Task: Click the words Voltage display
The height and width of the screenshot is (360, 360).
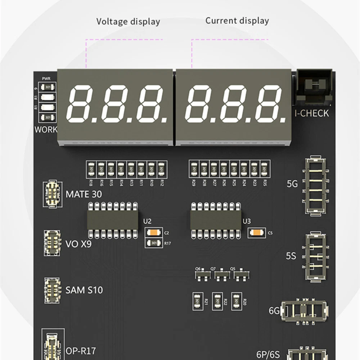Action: [128, 22]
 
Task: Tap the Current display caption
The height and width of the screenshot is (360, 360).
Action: [237, 21]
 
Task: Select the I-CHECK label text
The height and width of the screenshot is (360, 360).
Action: [312, 113]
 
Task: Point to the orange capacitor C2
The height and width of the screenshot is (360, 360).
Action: [154, 233]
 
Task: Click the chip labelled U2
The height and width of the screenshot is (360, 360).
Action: [112, 220]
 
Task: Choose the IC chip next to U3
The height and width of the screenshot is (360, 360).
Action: [216, 220]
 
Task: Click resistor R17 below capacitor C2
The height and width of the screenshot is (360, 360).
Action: [154, 243]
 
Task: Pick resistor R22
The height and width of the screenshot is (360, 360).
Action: [217, 301]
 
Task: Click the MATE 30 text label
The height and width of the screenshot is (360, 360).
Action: [84, 194]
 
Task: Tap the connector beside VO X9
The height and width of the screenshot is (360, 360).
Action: [52, 243]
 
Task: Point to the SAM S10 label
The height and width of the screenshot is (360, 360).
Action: [84, 290]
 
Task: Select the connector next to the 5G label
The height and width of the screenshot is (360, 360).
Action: [315, 186]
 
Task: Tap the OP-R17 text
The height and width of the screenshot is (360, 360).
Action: [81, 350]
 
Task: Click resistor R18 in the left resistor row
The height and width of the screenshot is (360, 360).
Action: [91, 168]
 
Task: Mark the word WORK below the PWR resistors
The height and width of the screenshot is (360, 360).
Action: [46, 130]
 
